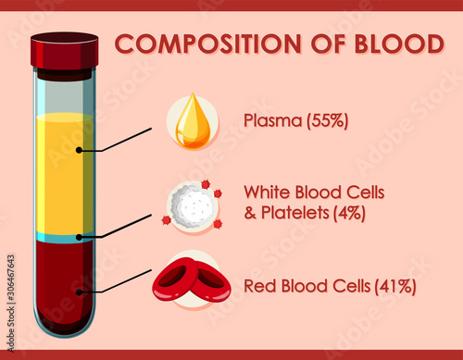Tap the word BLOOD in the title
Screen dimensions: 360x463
[x=399, y=44]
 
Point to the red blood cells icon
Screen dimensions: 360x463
[x=192, y=281]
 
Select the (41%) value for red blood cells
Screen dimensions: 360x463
[x=395, y=286]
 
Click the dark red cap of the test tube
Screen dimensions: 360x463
[x=64, y=52]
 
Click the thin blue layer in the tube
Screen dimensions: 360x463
[x=63, y=238]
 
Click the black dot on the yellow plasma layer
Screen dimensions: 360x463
[x=81, y=149]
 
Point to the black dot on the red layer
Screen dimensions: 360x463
[x=81, y=292]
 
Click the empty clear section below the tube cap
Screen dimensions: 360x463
[x=63, y=93]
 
